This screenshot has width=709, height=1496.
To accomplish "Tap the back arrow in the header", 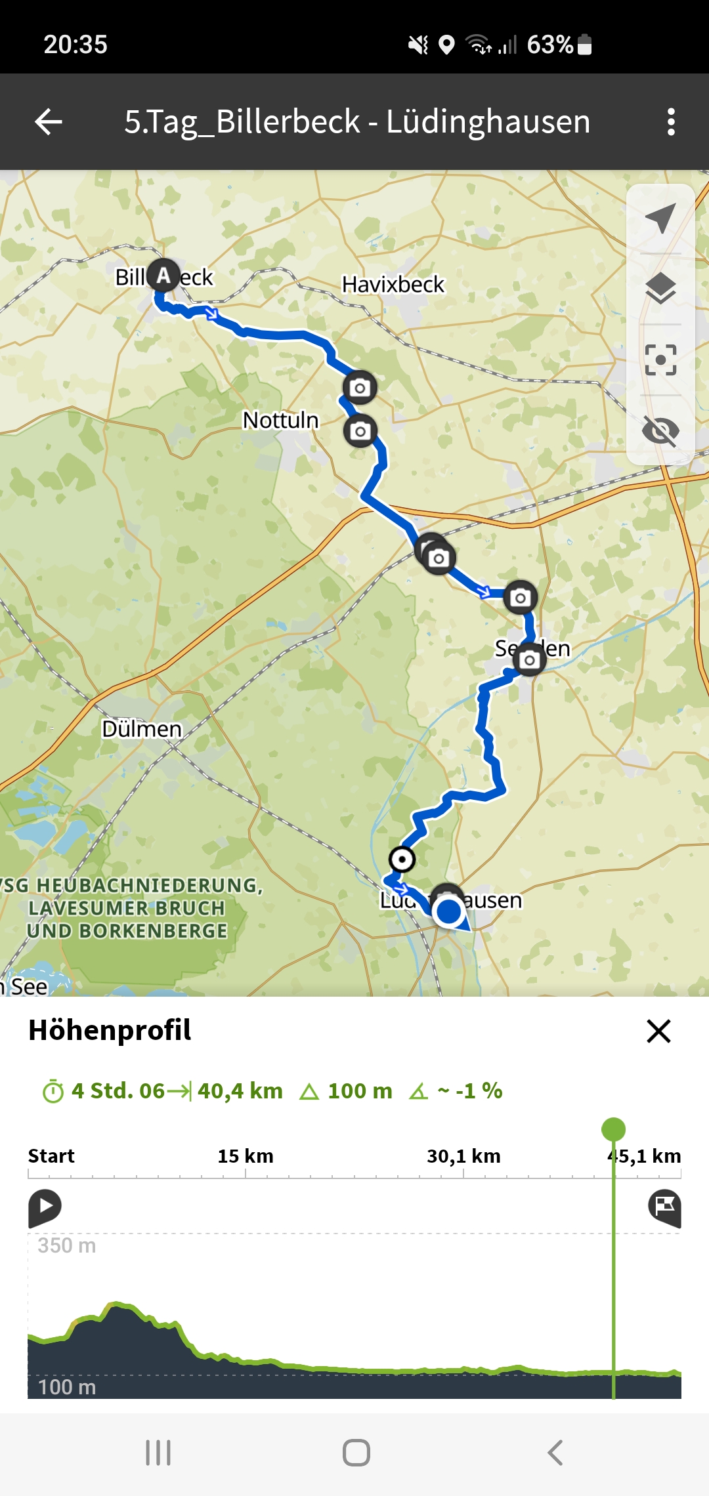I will pyautogui.click(x=49, y=122).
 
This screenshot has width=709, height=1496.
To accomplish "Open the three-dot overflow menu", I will pyautogui.click(x=670, y=122).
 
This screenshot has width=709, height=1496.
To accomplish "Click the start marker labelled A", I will pyautogui.click(x=163, y=276).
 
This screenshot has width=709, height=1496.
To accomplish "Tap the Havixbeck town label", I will pyautogui.click(x=393, y=285).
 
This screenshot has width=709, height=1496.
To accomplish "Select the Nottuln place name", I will pyautogui.click(x=280, y=420).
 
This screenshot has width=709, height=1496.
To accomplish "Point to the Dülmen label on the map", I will pyautogui.click(x=141, y=729).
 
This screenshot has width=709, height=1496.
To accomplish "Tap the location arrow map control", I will pyautogui.click(x=660, y=218).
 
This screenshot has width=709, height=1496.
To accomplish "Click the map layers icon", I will pyautogui.click(x=660, y=289).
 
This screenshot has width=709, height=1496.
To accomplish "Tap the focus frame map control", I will pyautogui.click(x=660, y=360).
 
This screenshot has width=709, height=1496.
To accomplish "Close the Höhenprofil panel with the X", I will pyautogui.click(x=658, y=1031).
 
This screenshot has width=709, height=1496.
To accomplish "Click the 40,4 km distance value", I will pyautogui.click(x=240, y=1091).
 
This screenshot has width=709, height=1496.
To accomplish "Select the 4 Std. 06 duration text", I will pyautogui.click(x=118, y=1091).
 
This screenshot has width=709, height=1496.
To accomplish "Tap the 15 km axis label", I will pyautogui.click(x=246, y=1156).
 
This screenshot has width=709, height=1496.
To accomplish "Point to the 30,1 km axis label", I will pyautogui.click(x=463, y=1156).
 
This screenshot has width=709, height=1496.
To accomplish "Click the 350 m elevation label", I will pyautogui.click(x=67, y=1245).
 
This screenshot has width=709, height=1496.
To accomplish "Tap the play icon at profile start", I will pyautogui.click(x=45, y=1207).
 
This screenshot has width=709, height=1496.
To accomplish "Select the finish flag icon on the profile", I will pyautogui.click(x=664, y=1207).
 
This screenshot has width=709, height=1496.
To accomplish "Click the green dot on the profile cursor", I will pyautogui.click(x=613, y=1129).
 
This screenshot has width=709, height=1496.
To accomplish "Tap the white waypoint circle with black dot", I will pyautogui.click(x=402, y=859).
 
